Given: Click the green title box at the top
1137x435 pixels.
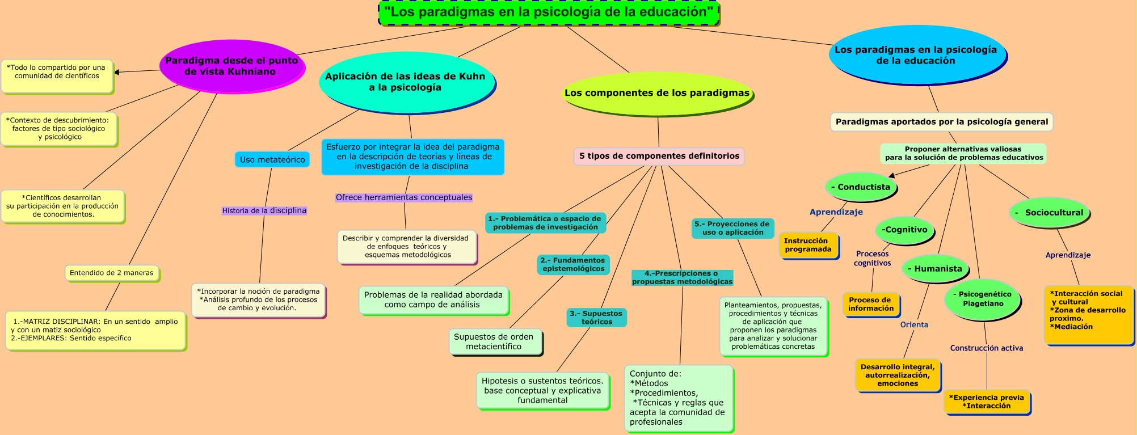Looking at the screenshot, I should pos(549,12).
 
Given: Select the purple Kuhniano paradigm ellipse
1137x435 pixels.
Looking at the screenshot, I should pos(231,66).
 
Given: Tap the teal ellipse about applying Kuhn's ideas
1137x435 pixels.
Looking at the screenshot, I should pos(405,82).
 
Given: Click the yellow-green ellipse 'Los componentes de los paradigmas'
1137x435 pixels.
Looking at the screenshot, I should pos(657,93).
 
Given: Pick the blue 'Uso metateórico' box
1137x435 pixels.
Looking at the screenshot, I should pos(272,160).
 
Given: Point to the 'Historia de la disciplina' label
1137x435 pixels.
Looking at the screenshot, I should pos(264,210).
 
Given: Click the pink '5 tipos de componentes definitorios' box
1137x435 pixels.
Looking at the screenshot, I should pos(659,156).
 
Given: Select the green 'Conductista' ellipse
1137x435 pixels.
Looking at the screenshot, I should pos(861,187).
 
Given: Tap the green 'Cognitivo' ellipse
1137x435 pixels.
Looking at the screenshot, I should pos(904,230).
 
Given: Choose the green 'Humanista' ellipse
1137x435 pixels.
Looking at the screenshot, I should pos(934,269).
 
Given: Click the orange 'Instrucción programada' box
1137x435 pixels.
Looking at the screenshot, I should pos(808,246).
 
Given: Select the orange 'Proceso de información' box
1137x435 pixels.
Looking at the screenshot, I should pos(871,305).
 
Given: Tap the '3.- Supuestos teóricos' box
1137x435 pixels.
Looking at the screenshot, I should pos(596,318).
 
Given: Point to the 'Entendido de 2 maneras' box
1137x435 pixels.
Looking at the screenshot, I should pos(112,273).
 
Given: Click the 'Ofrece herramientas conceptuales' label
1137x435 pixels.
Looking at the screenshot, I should pos(404,197).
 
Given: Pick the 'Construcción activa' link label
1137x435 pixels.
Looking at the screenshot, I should pos(987,348).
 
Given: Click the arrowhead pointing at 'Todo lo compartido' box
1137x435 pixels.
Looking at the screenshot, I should pos(116,73).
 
